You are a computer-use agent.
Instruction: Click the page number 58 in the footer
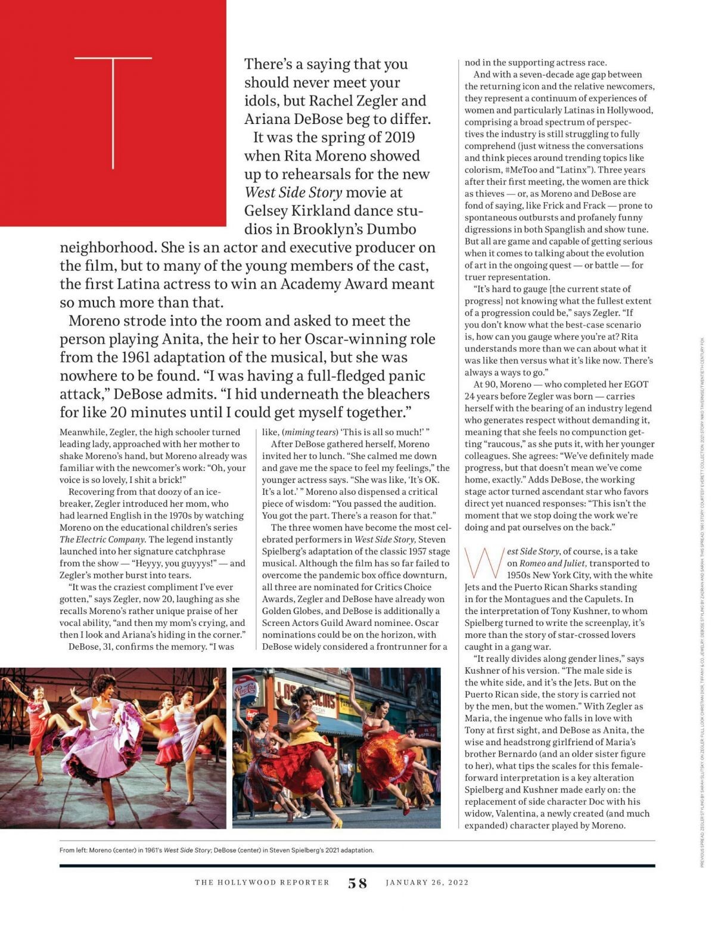click(357, 883)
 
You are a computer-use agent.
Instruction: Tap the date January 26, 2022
click(427, 883)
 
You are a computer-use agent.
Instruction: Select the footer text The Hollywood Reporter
click(262, 883)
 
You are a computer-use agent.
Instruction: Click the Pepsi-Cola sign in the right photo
click(246, 692)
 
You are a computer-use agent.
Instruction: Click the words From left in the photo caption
click(72, 850)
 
